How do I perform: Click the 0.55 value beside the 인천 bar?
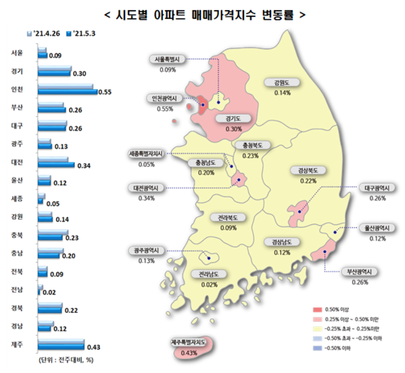[x=105, y=92]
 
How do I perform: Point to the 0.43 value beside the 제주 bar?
[x=92, y=347]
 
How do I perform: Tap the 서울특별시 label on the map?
[x=168, y=59]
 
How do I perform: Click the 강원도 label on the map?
[x=282, y=83]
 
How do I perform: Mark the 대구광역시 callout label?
[x=378, y=188]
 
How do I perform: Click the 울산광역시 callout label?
[x=378, y=228]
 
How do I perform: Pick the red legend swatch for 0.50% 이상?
[x=317, y=309]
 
